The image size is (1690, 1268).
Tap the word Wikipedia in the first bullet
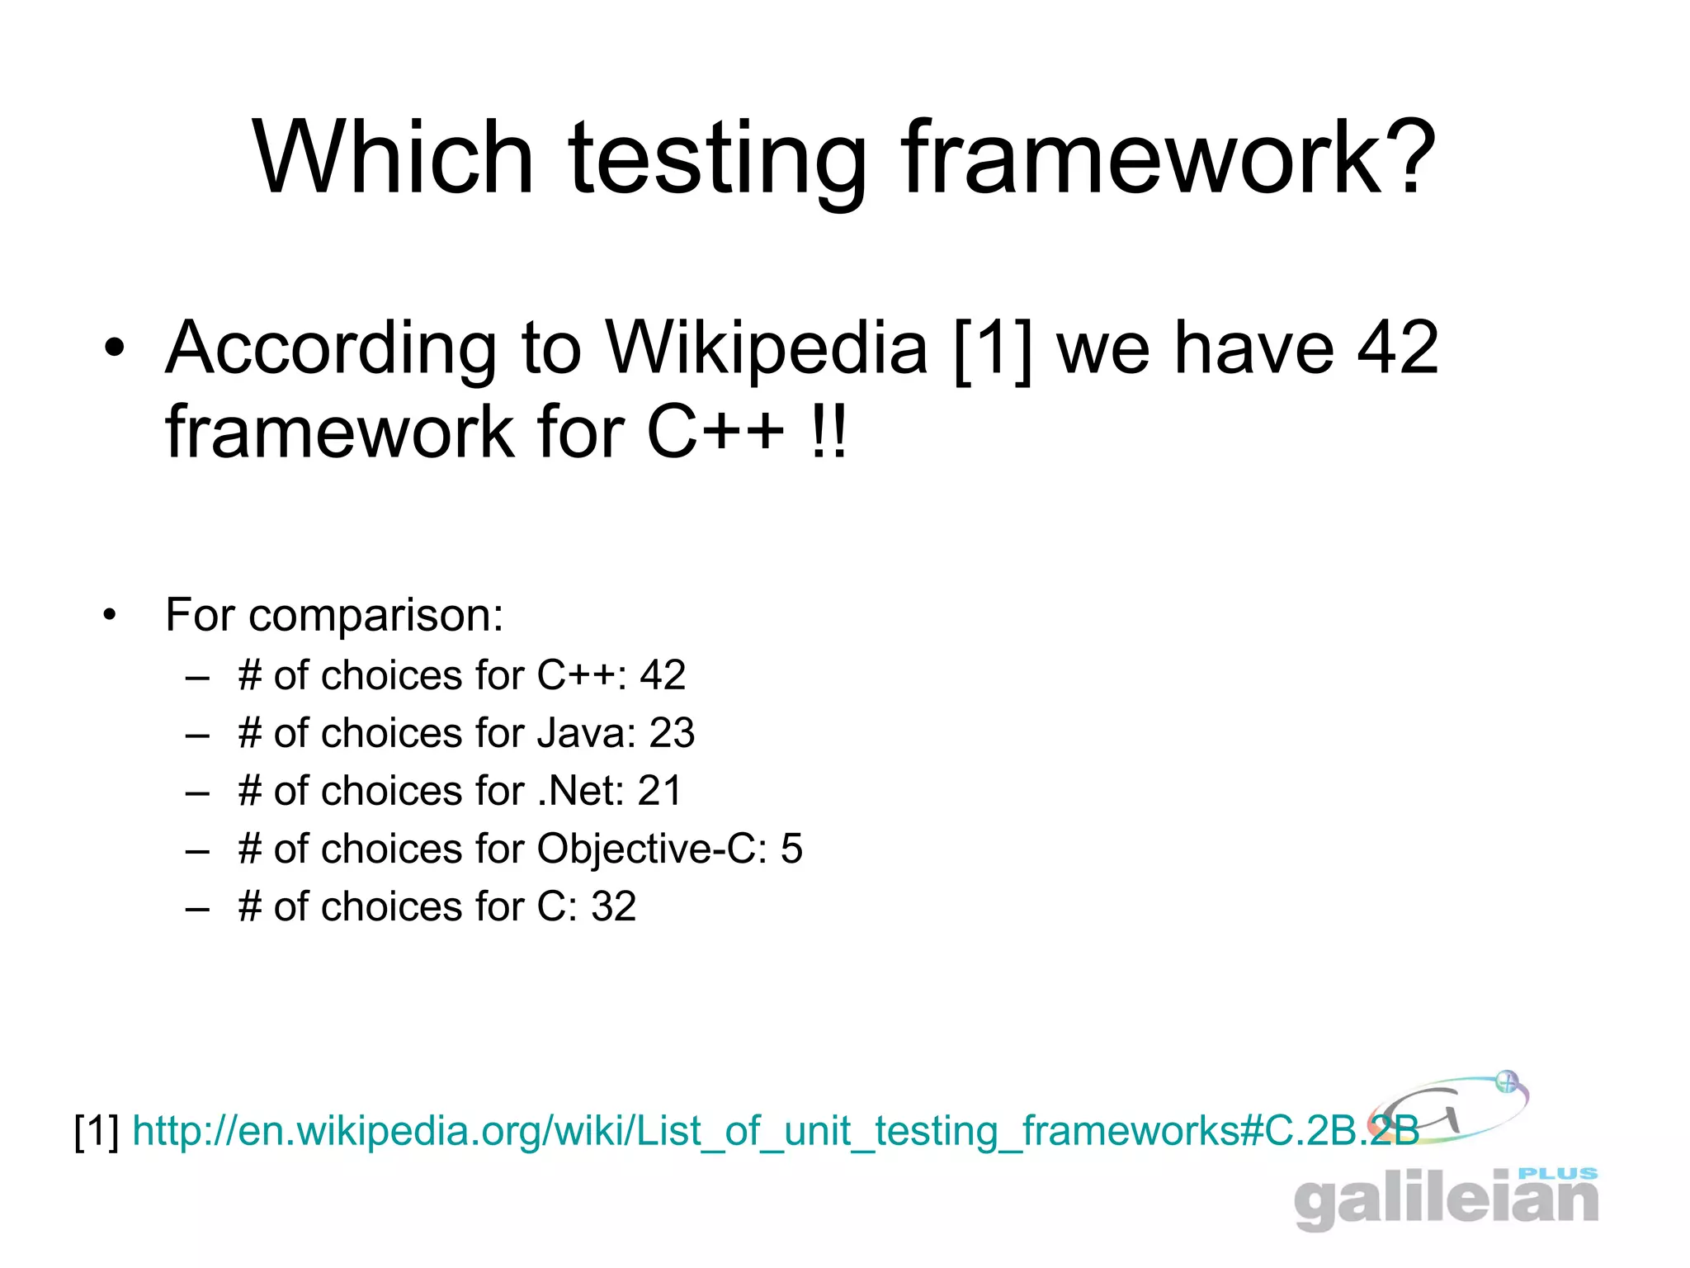[767, 348]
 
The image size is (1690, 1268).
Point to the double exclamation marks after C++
[828, 433]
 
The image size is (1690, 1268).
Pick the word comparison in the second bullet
[375, 616]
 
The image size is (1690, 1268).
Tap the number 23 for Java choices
[672, 733]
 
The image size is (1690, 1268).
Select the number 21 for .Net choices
[659, 791]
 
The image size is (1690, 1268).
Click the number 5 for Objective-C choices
[791, 849]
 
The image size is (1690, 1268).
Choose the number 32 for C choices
[613, 906]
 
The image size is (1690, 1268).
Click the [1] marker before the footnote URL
[97, 1131]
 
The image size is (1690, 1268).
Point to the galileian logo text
[1445, 1200]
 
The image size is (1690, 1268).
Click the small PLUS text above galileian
[1558, 1173]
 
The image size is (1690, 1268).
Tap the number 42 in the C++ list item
[662, 675]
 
